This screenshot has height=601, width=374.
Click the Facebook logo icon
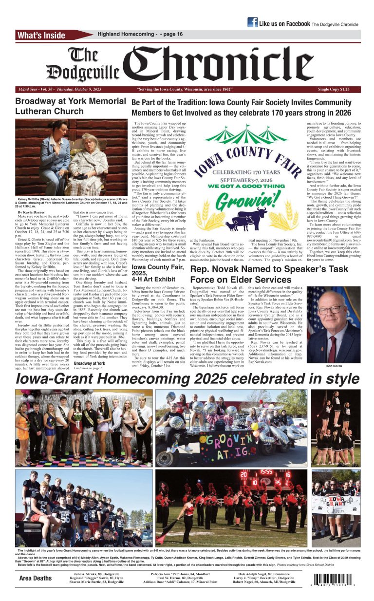point(252,22)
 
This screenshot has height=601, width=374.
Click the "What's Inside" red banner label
point(41,35)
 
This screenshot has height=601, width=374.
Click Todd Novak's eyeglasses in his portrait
point(330,310)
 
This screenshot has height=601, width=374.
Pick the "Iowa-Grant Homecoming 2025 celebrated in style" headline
point(187,379)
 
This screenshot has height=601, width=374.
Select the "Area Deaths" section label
point(35,578)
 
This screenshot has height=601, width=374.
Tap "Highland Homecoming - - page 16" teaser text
point(140,34)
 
